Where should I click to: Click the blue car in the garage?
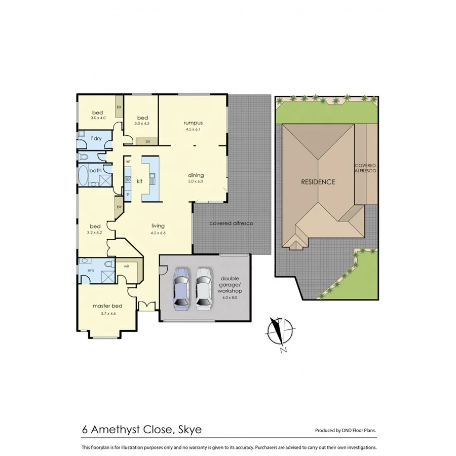(x=181, y=288)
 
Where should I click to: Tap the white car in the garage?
(x=204, y=288)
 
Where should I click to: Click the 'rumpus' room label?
(x=194, y=123)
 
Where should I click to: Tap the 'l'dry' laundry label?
(x=95, y=138)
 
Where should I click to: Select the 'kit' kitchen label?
(x=139, y=180)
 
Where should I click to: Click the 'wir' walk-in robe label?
(x=126, y=265)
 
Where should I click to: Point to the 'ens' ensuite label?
(x=91, y=270)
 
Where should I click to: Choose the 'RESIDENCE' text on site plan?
(x=318, y=182)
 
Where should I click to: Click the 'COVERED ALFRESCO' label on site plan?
(x=365, y=169)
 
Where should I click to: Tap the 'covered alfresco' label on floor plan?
(x=231, y=223)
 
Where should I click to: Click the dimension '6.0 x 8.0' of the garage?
(x=230, y=298)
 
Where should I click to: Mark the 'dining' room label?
(x=196, y=175)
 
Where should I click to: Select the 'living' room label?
(x=158, y=226)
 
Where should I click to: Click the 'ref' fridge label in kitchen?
(x=128, y=161)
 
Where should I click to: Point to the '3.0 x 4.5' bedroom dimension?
(x=142, y=124)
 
